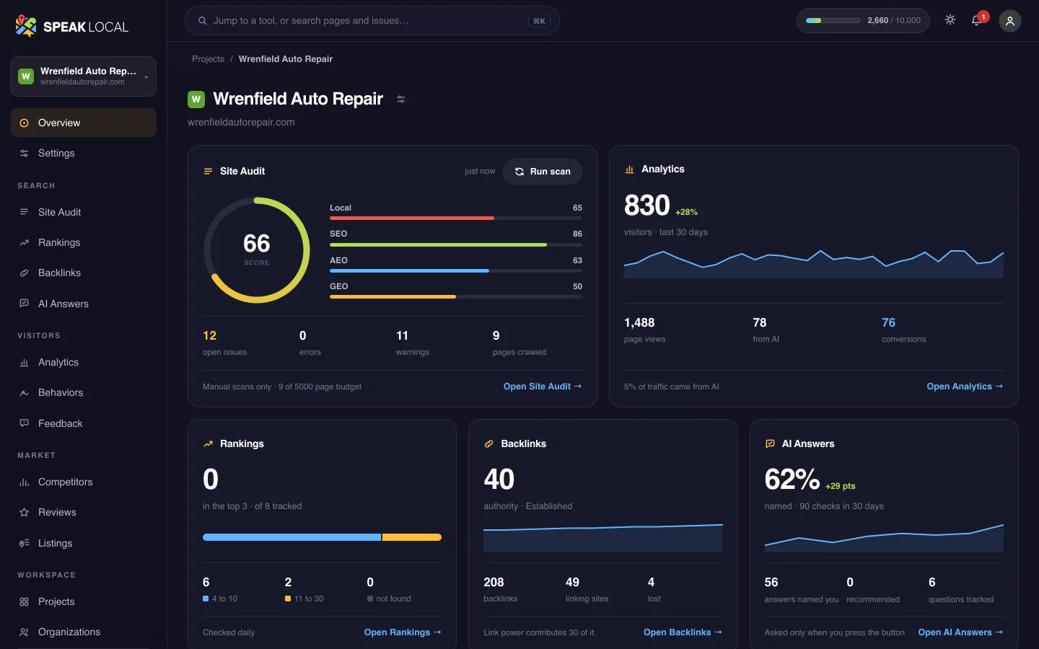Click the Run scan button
click(543, 172)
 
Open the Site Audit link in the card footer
click(543, 387)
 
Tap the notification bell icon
click(976, 20)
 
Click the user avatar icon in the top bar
click(1010, 21)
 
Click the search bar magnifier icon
click(202, 20)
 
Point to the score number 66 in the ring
click(257, 244)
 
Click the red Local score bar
click(412, 218)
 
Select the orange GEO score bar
click(393, 296)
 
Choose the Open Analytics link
click(965, 387)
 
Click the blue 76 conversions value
click(888, 322)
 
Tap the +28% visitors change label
click(686, 212)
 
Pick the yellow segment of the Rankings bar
click(411, 537)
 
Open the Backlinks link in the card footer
click(683, 632)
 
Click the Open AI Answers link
click(960, 632)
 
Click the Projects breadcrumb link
click(208, 59)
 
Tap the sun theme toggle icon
click(950, 20)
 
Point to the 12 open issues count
click(209, 335)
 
